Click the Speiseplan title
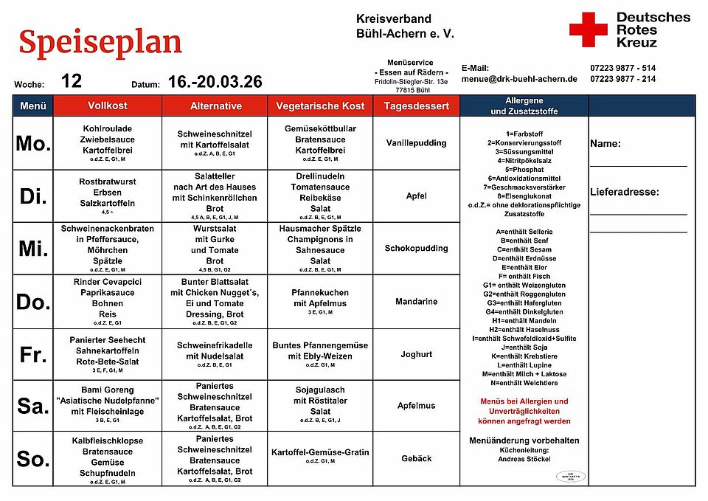[x=100, y=42]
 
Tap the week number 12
[x=72, y=81]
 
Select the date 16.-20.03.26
[x=215, y=82]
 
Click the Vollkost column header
[x=107, y=106]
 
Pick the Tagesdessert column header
[x=416, y=106]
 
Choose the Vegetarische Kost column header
[x=320, y=106]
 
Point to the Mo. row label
[x=33, y=143]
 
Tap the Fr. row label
[x=33, y=354]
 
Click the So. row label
[x=33, y=459]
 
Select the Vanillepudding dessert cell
[x=416, y=143]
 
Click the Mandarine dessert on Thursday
[x=416, y=301]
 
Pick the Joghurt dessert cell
[x=416, y=354]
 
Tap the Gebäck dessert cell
[x=416, y=458]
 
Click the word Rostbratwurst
[x=107, y=182]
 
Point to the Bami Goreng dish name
[x=107, y=390]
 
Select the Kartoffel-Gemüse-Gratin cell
[x=320, y=452]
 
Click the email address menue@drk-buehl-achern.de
[x=519, y=79]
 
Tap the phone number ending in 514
[x=622, y=68]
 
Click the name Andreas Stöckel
[x=524, y=459]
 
